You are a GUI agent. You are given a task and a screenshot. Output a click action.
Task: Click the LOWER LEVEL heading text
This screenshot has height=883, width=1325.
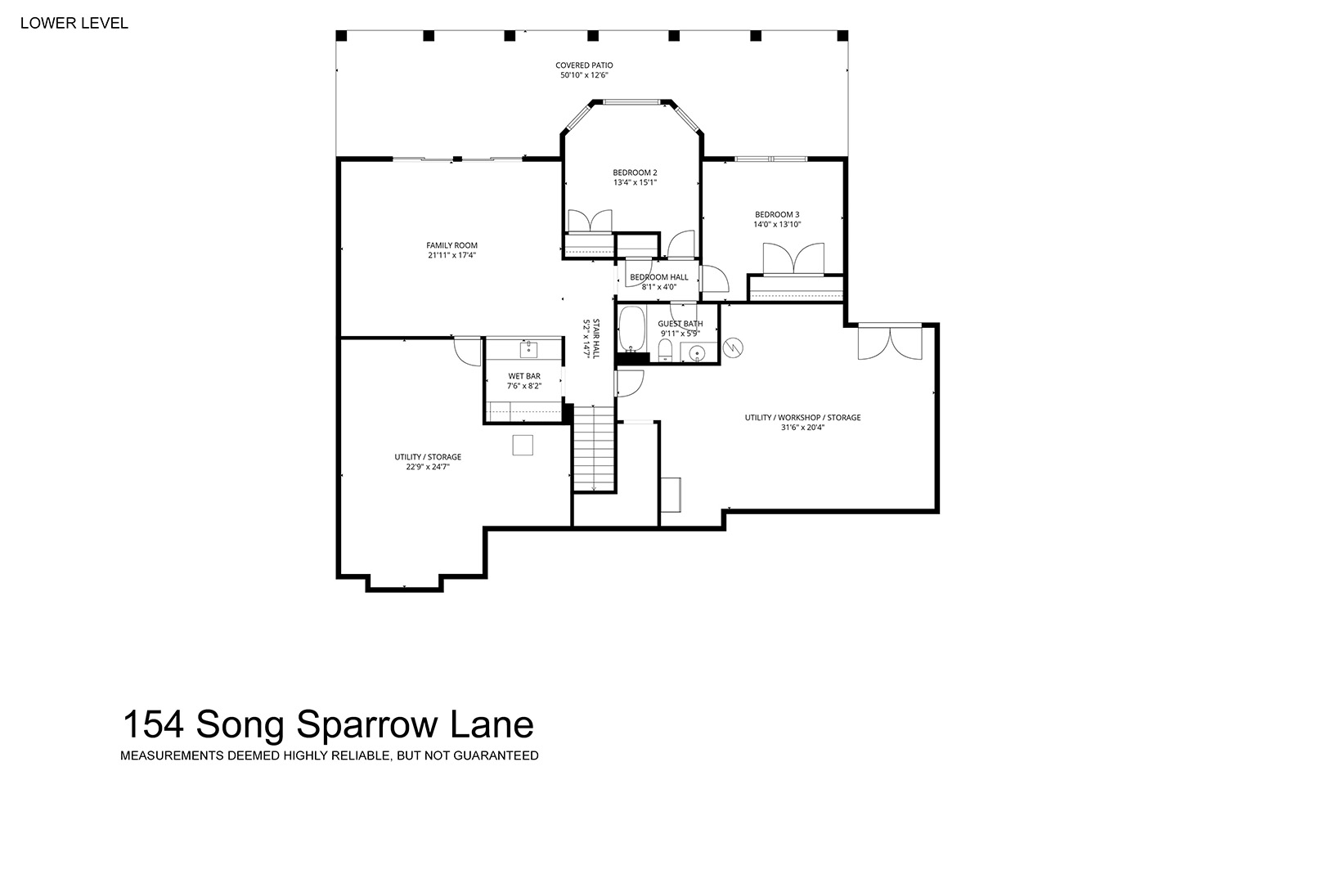point(74,23)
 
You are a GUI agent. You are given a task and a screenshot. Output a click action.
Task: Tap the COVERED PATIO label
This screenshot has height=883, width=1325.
point(584,65)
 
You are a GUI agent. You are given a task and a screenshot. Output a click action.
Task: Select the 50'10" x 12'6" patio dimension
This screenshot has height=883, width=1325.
point(584,75)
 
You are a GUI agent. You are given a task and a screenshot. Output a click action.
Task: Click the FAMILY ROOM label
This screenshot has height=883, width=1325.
point(452,245)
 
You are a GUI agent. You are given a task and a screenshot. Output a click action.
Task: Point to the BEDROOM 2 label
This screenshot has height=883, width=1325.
point(635,173)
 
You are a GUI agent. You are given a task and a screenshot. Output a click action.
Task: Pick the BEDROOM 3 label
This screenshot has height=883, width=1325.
point(777,215)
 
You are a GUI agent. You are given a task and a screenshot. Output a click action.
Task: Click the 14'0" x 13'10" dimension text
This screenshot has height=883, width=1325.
point(777,225)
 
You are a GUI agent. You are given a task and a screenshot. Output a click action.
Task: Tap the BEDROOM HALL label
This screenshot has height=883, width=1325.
point(659,277)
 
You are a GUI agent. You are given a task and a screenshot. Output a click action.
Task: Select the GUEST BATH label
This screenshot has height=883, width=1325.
point(680,324)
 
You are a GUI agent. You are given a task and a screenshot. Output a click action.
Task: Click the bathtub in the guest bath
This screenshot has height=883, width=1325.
point(631,329)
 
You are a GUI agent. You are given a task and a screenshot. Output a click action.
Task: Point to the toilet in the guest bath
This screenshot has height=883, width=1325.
point(666,351)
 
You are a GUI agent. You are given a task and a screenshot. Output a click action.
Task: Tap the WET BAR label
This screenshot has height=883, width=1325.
point(524,376)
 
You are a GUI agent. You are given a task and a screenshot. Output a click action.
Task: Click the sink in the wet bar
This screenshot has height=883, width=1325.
point(528,350)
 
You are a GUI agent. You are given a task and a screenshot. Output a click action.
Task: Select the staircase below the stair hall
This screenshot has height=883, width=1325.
point(594,449)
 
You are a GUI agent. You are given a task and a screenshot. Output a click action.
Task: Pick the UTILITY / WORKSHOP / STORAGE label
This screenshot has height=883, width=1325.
point(802,418)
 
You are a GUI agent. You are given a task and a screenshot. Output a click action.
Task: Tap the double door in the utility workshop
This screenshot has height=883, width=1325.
point(890,342)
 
